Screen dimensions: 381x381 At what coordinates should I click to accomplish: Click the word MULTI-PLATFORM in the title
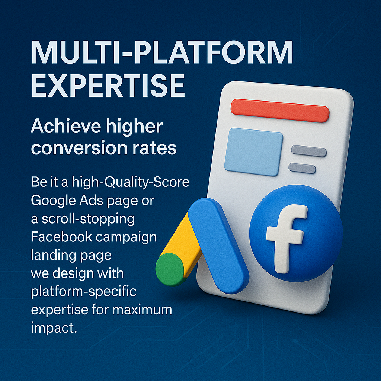pyautogui.click(x=161, y=53)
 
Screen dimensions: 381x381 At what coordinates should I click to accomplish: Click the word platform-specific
pyautogui.click(x=83, y=292)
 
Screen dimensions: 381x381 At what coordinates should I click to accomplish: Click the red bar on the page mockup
pyautogui.click(x=280, y=111)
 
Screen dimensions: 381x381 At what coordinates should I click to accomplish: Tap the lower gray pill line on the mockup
pyautogui.click(x=302, y=168)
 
